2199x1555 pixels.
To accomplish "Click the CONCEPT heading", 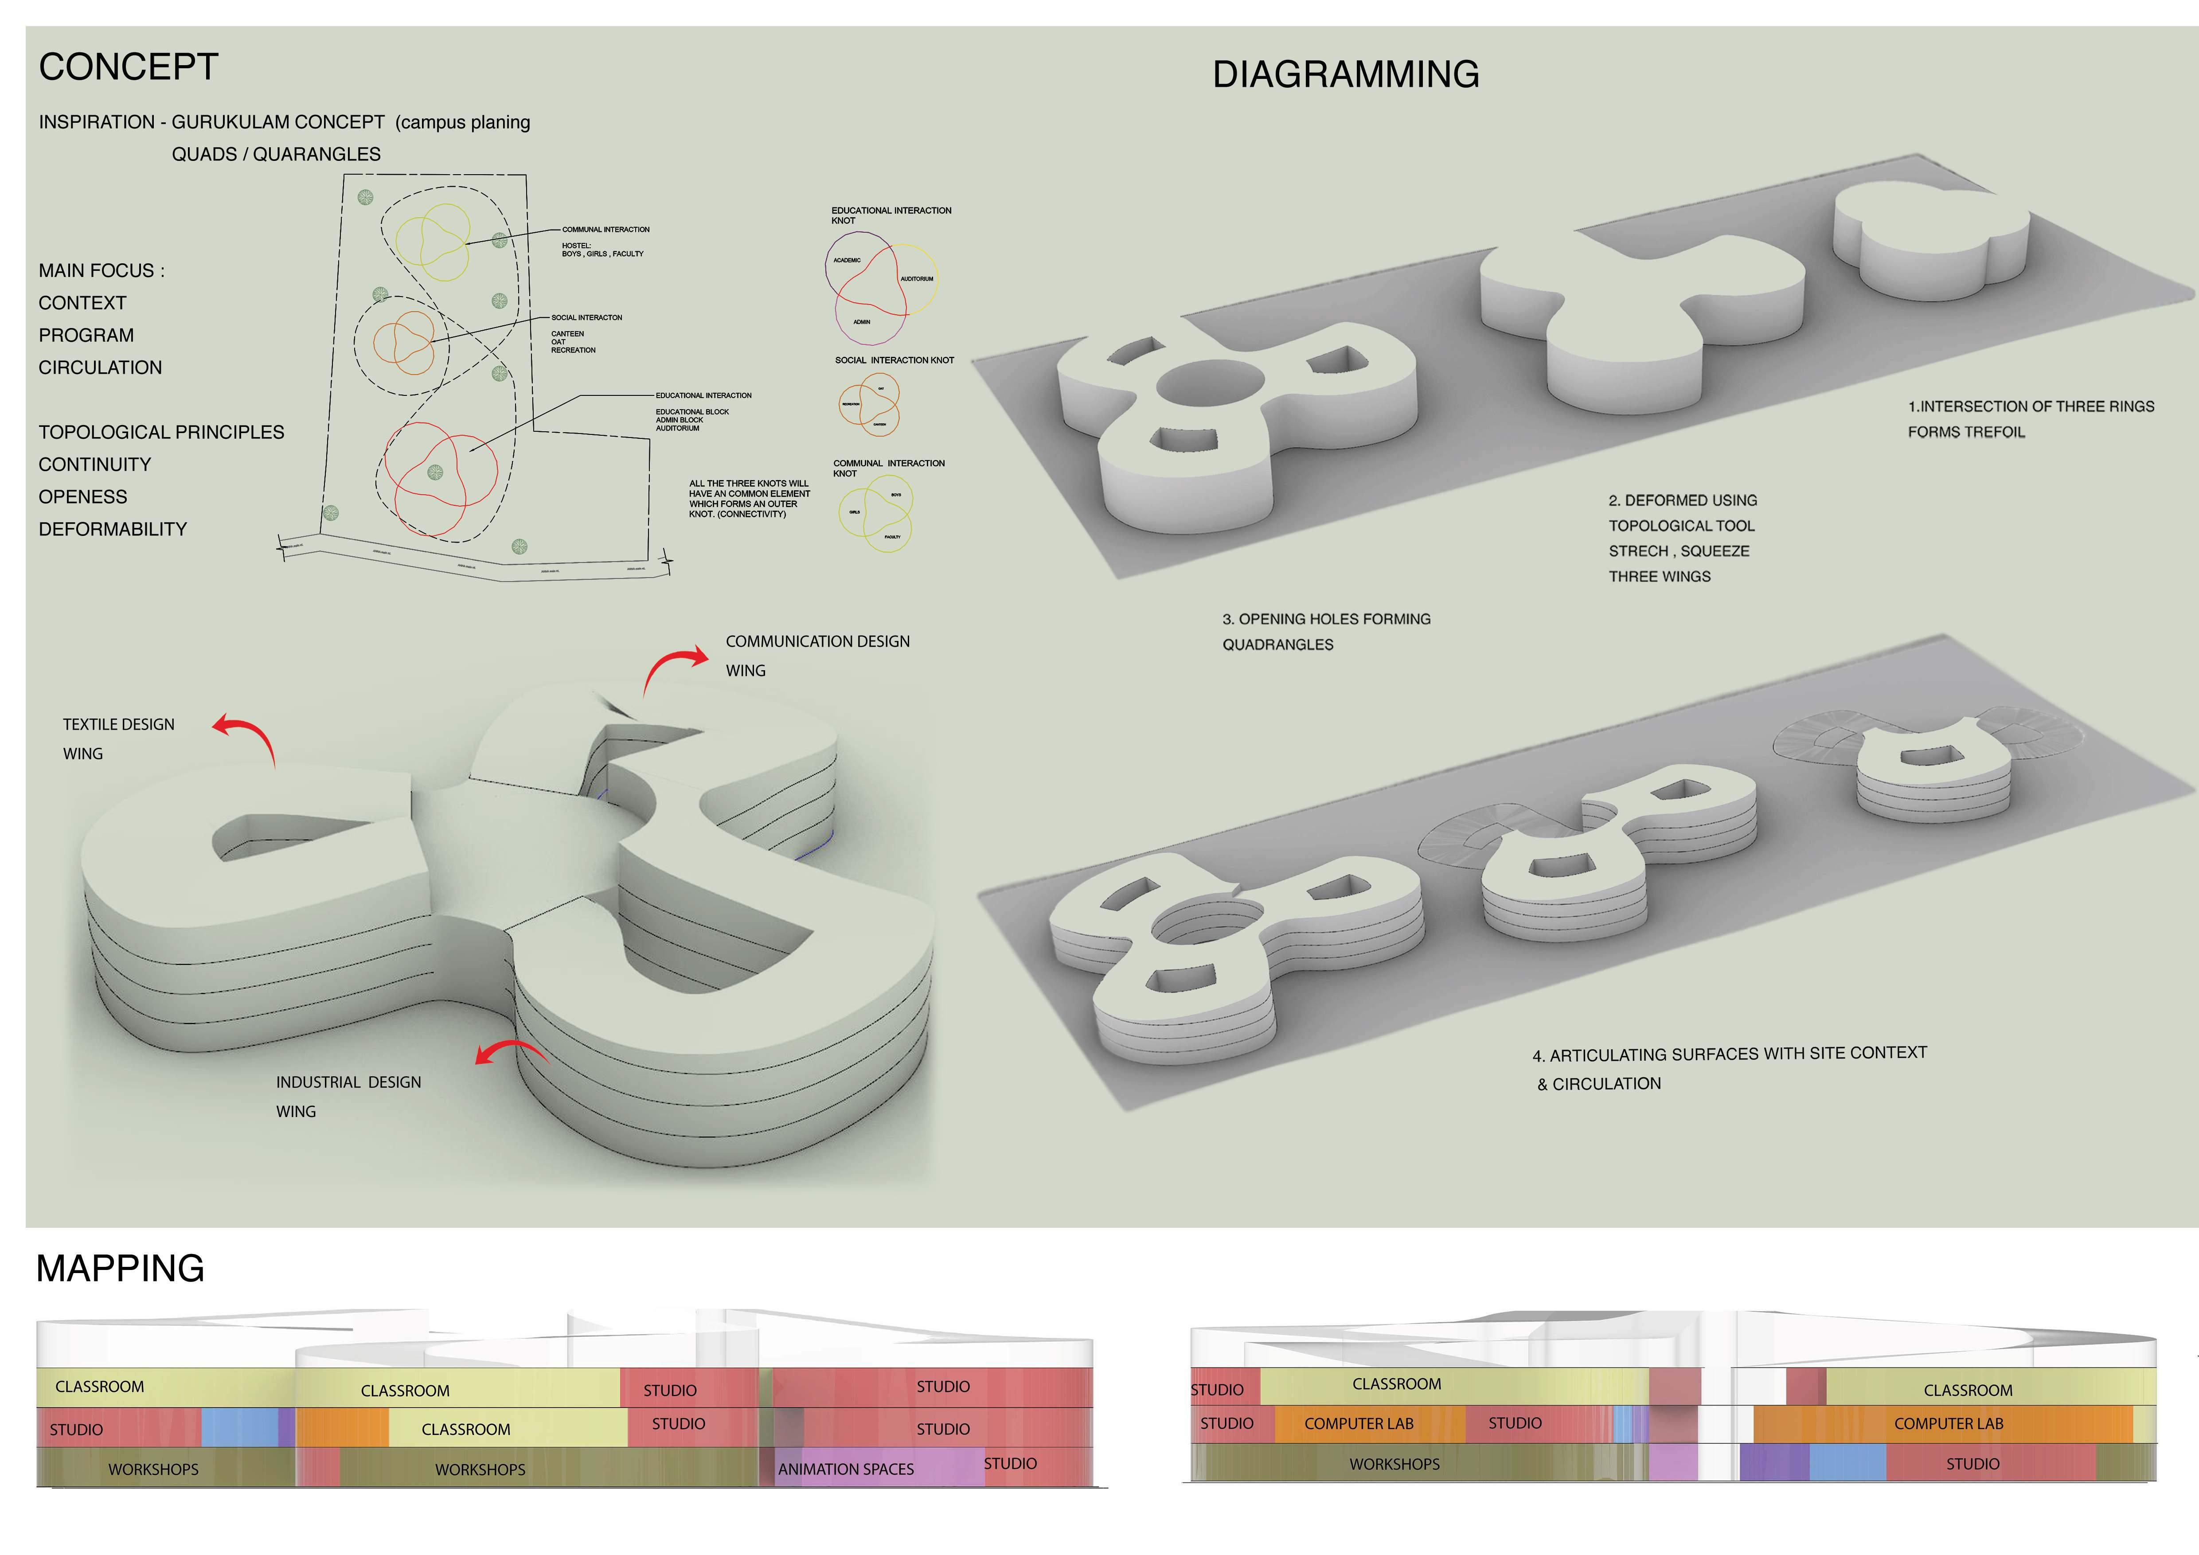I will (x=129, y=67).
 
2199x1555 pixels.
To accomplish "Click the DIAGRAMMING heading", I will (x=1346, y=74).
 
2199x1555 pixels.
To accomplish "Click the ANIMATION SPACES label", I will (x=846, y=1469).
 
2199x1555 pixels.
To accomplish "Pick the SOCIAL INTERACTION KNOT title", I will (x=894, y=360).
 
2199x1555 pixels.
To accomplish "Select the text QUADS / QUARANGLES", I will (x=276, y=154).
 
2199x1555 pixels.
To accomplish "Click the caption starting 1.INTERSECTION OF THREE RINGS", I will (x=2031, y=407).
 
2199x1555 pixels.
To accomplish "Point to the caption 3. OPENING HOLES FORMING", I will (x=1325, y=620).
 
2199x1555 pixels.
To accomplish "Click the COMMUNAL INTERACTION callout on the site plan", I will (x=605, y=230).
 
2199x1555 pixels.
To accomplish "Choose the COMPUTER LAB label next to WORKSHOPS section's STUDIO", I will (x=1948, y=1424).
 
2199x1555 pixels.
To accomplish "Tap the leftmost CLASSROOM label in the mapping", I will (x=100, y=1387).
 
